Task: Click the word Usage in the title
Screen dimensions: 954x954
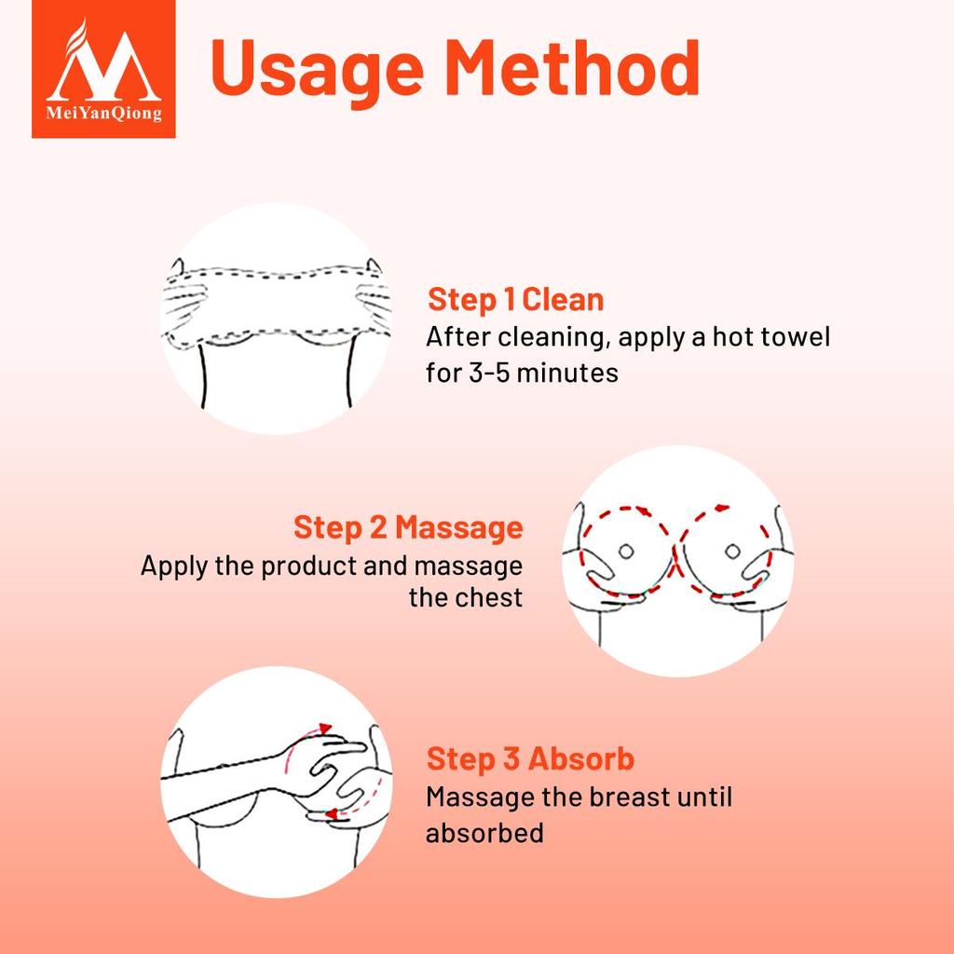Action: [x=317, y=70]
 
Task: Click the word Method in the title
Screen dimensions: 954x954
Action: [x=573, y=67]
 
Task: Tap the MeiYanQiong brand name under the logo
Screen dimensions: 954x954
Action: [x=104, y=113]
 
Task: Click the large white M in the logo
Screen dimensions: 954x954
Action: [x=104, y=66]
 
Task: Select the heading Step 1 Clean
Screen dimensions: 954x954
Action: [x=516, y=299]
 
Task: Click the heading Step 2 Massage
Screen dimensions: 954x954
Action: [x=408, y=527]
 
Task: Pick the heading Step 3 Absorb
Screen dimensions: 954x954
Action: [x=530, y=758]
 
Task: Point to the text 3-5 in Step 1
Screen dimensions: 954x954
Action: [x=489, y=373]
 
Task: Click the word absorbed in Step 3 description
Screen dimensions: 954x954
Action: [x=484, y=832]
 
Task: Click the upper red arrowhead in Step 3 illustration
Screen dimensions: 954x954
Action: [x=326, y=729]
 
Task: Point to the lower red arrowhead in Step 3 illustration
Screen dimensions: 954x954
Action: [x=332, y=813]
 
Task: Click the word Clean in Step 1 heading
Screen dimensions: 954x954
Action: [x=563, y=299]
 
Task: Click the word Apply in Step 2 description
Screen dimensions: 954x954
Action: [x=174, y=566]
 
